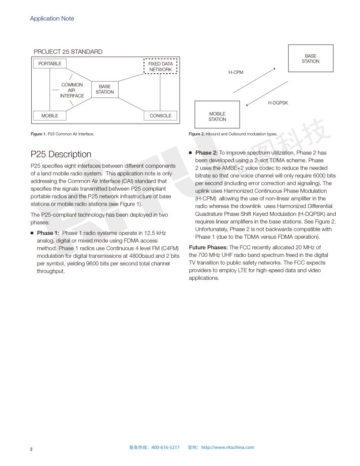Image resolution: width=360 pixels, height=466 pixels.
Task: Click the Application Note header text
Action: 52,19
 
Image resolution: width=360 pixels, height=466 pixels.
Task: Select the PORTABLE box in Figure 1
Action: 50,64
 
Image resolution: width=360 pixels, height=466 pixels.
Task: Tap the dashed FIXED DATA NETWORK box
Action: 161,67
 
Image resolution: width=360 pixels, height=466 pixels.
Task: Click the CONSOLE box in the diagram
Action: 161,116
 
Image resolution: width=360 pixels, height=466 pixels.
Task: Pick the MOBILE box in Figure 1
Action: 50,116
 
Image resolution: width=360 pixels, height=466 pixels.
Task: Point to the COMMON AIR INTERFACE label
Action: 72,90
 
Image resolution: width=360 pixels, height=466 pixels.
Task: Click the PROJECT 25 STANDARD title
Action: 68,52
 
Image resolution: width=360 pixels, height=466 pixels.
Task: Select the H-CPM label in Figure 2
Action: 236,72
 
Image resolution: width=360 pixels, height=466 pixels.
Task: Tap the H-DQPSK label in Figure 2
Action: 278,103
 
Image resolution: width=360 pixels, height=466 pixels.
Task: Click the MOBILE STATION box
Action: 217,116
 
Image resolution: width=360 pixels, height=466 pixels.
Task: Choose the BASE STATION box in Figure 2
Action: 311,58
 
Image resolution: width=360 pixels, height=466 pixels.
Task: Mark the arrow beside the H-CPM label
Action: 255,80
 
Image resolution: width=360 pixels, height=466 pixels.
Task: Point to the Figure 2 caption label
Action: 197,134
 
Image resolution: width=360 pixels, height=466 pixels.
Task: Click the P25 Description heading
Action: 61,154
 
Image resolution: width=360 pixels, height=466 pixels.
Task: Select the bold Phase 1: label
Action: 48,233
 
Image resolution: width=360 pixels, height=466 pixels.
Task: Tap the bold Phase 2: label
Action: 206,153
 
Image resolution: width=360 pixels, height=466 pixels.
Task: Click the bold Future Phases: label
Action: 208,247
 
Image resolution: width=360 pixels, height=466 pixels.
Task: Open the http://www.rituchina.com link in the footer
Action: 228,447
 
